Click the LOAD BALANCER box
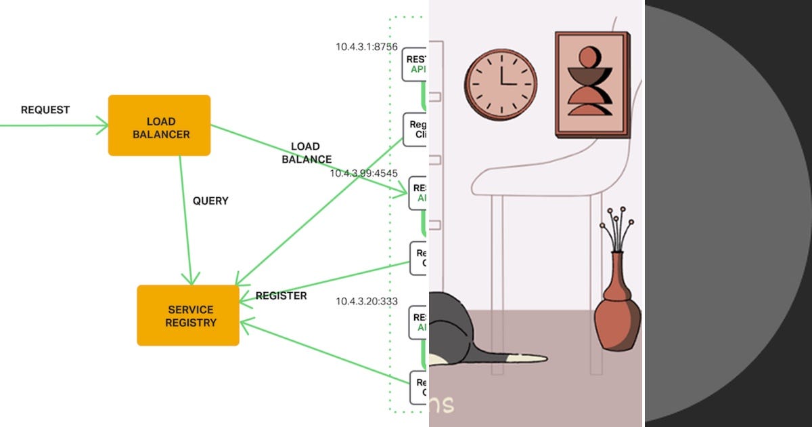[x=159, y=125]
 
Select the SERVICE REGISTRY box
[x=188, y=315]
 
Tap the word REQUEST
[x=45, y=110]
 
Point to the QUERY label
[x=210, y=201]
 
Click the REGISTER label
[x=281, y=296]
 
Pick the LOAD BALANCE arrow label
[x=306, y=153]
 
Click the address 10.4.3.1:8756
[x=366, y=47]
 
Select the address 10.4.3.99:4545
[x=363, y=173]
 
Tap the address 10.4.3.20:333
[x=367, y=301]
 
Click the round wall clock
[x=501, y=85]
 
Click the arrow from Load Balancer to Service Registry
[x=185, y=217]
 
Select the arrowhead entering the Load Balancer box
[x=101, y=125]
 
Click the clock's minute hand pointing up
[x=501, y=72]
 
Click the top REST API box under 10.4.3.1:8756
[x=415, y=64]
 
